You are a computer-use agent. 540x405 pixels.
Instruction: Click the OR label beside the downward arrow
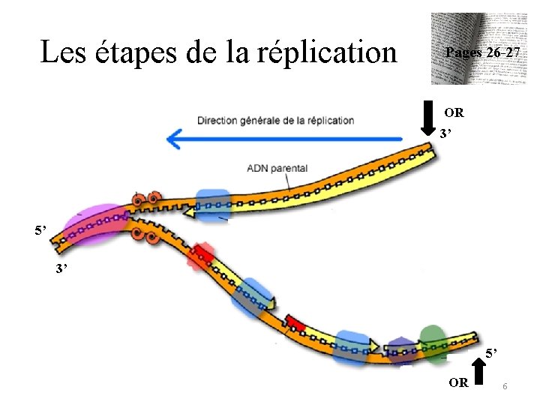tap(454, 113)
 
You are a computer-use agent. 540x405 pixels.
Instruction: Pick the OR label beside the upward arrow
tap(458, 382)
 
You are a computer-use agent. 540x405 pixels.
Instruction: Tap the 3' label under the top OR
tap(447, 134)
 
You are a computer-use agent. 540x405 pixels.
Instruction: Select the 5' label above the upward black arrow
tap(490, 353)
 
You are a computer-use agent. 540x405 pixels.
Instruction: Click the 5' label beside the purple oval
tap(41, 229)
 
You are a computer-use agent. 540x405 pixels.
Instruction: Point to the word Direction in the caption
tap(218, 121)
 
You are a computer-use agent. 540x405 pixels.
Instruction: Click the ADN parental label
tap(277, 168)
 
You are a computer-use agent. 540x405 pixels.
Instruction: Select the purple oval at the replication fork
tap(95, 226)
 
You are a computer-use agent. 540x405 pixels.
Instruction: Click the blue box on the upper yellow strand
tap(214, 203)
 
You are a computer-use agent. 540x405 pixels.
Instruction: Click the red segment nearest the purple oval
tap(202, 255)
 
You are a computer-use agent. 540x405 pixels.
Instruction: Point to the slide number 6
tap(505, 385)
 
